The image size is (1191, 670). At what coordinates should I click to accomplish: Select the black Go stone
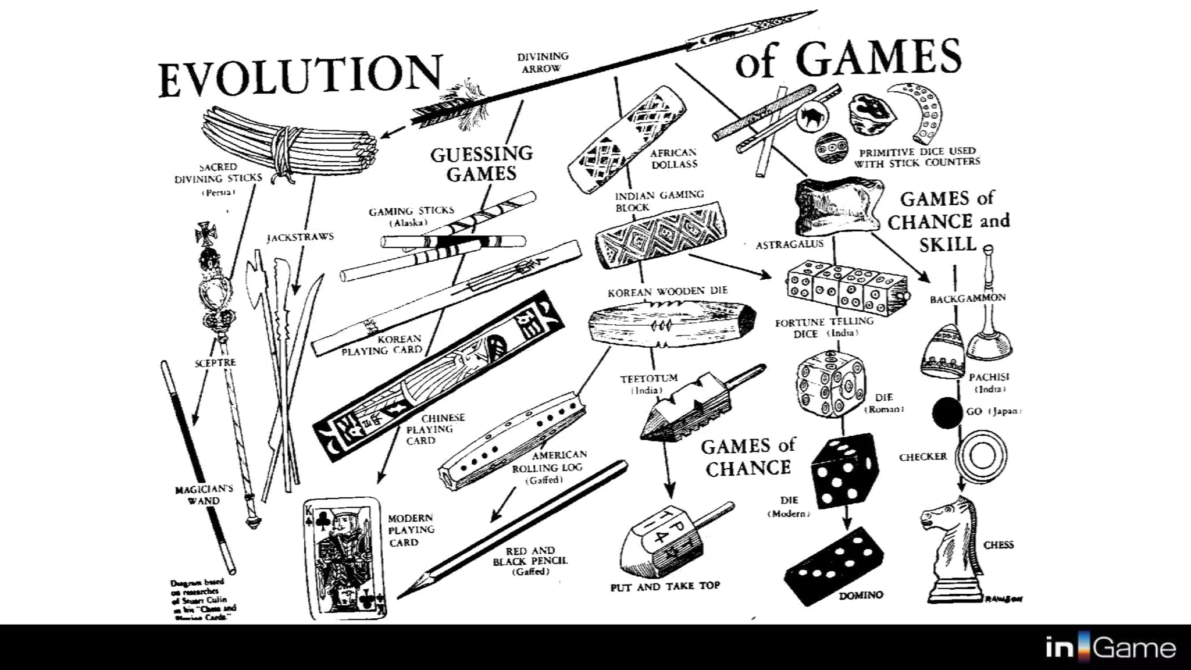(947, 413)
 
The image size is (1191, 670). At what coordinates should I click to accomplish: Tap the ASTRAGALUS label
(789, 245)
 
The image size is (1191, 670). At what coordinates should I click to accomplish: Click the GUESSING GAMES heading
(482, 163)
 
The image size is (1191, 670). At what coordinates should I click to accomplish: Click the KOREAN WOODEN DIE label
(667, 291)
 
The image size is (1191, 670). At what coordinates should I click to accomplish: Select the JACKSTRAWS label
(300, 237)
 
